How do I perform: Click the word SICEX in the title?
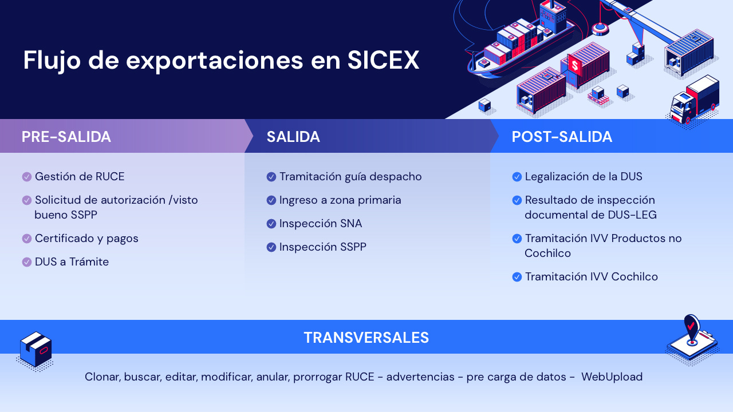[x=383, y=60]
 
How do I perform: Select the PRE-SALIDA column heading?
[x=66, y=137]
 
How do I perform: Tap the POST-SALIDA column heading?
[x=562, y=137]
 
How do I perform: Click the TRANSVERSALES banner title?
[x=366, y=338]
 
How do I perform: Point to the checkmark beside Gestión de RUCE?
[x=26, y=177]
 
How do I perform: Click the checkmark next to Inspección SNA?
[x=271, y=224]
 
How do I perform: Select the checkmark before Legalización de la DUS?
[x=517, y=177]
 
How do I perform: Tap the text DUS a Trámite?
[x=72, y=262]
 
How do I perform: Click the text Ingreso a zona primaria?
[x=340, y=200]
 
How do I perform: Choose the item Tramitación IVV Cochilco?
[x=592, y=276]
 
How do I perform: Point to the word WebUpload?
[x=612, y=377]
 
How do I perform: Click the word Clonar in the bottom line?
[x=103, y=377]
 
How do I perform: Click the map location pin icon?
[x=691, y=330]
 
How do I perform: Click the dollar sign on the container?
[x=574, y=65]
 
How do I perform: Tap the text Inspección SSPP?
[x=322, y=247]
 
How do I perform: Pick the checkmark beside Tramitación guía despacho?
[x=271, y=177]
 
